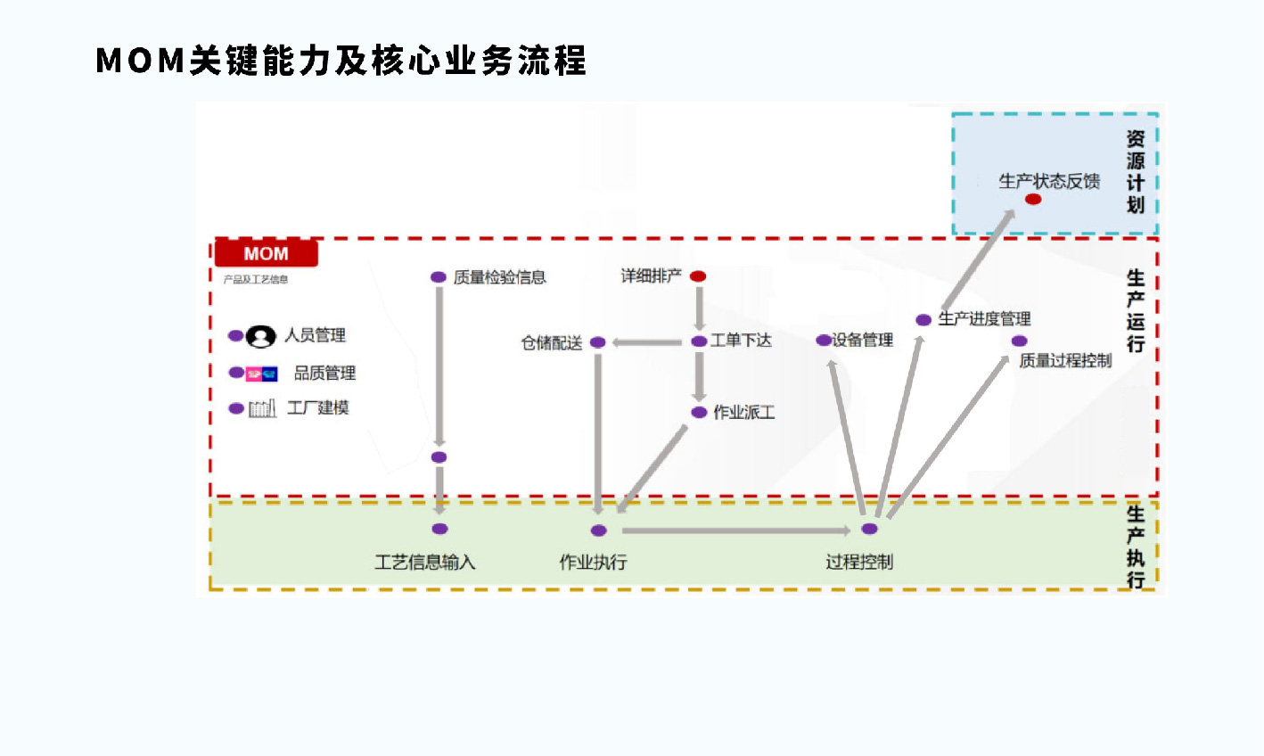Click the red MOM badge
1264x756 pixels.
[267, 253]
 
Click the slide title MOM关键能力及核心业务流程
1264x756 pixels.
[341, 61]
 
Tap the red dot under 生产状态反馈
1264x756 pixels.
[1033, 199]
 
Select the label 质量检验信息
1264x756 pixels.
[499, 277]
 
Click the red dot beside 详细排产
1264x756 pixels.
[698, 276]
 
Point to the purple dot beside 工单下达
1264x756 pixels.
[700, 341]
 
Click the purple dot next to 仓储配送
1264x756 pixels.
[598, 342]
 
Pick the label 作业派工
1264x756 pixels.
[744, 412]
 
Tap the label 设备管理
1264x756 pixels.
[863, 340]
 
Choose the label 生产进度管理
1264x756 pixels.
[984, 319]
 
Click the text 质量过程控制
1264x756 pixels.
[1065, 360]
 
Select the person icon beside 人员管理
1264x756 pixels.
[260, 336]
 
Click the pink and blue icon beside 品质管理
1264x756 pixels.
[262, 374]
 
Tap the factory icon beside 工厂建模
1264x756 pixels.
[262, 408]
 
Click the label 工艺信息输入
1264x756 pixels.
[425, 562]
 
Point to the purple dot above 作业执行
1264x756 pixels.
[599, 530]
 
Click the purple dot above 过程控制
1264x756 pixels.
[870, 529]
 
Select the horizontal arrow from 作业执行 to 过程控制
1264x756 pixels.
[724, 530]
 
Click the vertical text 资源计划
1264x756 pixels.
[1135, 172]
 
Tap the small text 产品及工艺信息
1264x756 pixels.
[256, 279]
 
